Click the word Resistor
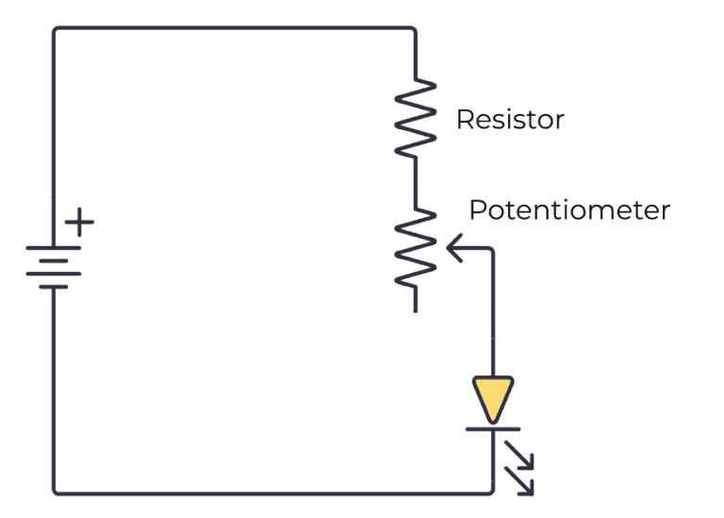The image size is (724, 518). (x=510, y=120)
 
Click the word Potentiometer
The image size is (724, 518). (x=568, y=209)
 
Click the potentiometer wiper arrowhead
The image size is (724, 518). (x=451, y=249)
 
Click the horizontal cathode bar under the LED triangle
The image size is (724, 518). (x=493, y=429)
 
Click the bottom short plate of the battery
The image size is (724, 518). (x=54, y=284)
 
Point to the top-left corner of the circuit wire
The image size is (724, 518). (x=55, y=29)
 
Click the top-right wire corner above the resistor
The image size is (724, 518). (x=414, y=29)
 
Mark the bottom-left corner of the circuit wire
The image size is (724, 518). (x=55, y=492)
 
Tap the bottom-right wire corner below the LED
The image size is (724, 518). (x=492, y=491)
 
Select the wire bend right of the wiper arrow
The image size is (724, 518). (x=492, y=250)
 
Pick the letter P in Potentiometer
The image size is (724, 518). (x=478, y=209)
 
